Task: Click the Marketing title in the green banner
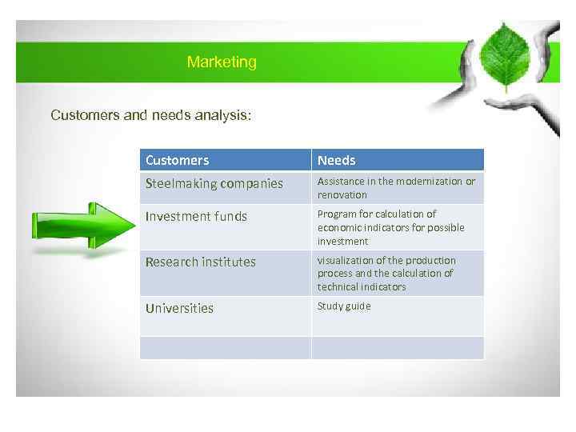coord(222,62)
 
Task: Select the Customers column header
coord(177,160)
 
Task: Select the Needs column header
coord(337,160)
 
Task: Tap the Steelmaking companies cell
coord(214,183)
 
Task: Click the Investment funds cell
coord(196,216)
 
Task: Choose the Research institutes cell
coord(200,262)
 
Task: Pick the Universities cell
coord(179,308)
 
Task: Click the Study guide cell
coord(344,306)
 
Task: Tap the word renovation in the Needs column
coord(342,195)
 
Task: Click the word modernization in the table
coord(426,182)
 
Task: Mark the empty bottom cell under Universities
coord(225,347)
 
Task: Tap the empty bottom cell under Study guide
coord(397,347)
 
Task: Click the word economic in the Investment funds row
coord(340,227)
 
